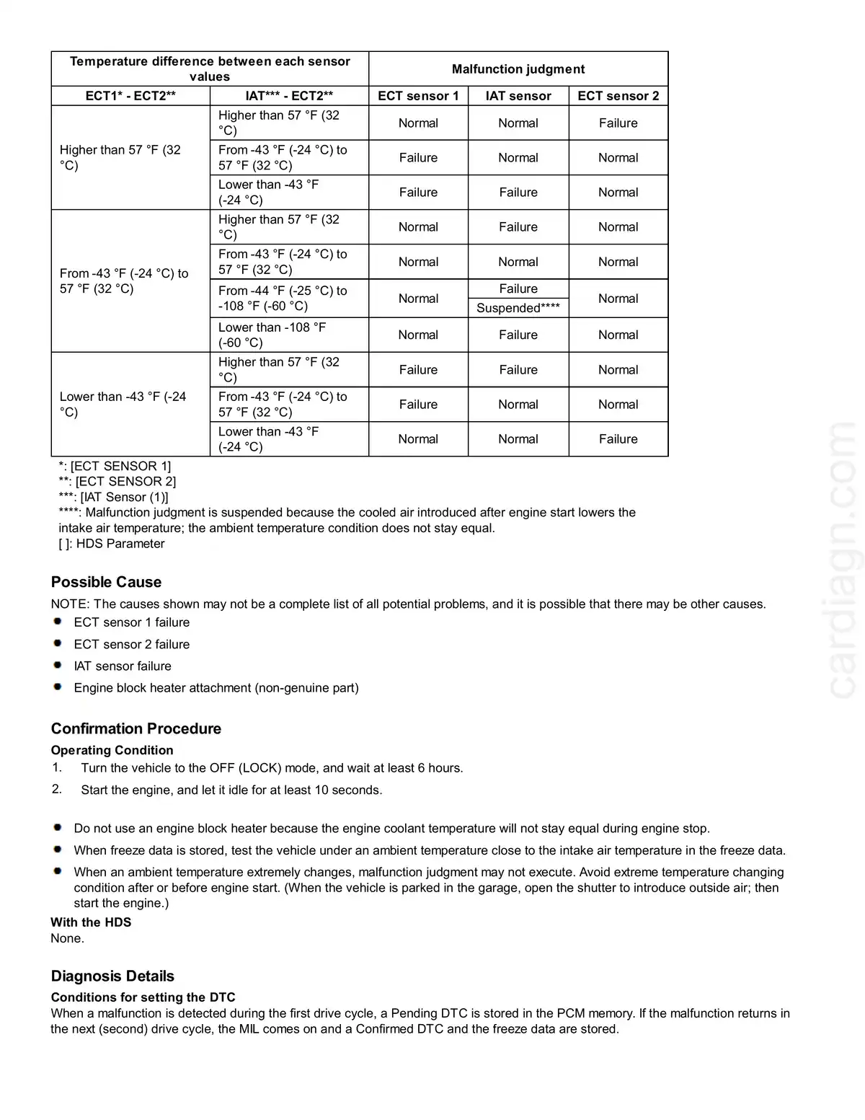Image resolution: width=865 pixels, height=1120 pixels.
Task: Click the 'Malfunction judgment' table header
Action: (x=518, y=69)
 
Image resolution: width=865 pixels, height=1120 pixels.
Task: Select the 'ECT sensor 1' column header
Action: (x=418, y=96)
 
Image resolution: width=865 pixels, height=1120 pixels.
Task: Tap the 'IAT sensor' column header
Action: (x=518, y=96)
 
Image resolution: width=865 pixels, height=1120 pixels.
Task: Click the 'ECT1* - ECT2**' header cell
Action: (x=130, y=96)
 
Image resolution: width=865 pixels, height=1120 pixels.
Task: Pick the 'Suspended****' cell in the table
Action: (x=518, y=308)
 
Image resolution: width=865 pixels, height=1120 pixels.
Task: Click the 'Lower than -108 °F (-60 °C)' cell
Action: (x=272, y=335)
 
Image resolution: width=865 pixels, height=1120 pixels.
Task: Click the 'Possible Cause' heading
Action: (x=106, y=582)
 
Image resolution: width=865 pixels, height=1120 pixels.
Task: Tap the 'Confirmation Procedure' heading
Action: (x=136, y=728)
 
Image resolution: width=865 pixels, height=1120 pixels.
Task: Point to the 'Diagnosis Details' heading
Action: (x=112, y=976)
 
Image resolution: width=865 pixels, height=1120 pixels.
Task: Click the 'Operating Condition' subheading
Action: (x=112, y=750)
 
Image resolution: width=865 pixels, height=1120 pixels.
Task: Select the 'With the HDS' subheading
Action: (x=91, y=922)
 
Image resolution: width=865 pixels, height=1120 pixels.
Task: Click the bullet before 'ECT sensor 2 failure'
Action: (x=58, y=643)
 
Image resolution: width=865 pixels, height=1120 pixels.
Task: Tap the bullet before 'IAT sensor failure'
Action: (x=58, y=665)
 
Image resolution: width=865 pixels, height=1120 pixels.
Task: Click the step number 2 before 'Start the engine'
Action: (x=57, y=789)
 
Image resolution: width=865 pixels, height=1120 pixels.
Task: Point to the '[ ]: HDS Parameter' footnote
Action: (x=112, y=544)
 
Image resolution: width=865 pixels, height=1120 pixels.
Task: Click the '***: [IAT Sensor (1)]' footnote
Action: (x=114, y=497)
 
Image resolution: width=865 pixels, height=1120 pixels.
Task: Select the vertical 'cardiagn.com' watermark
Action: (x=842, y=560)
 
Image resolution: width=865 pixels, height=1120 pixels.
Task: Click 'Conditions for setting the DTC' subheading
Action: (x=143, y=997)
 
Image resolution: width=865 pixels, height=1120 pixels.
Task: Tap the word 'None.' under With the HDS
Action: (x=67, y=938)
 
